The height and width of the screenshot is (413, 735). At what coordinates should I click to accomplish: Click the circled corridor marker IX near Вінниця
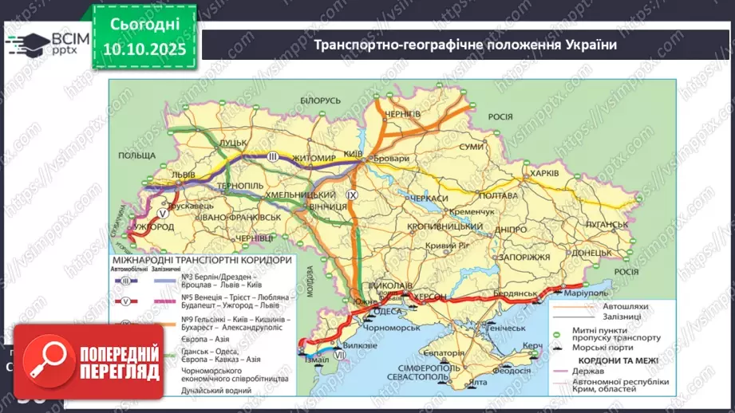pos(354,194)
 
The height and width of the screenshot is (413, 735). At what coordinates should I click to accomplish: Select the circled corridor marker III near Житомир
pos(273,156)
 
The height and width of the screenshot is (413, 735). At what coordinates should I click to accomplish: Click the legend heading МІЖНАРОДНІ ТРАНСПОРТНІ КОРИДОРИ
pos(200,260)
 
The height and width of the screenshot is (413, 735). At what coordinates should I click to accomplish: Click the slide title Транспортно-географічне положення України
pos(466,45)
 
